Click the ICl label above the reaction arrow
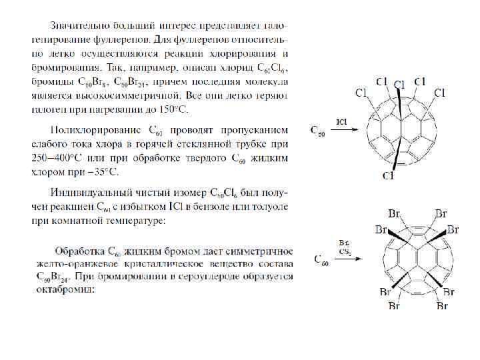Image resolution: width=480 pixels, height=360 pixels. tap(341, 122)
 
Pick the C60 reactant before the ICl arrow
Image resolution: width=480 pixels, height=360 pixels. tap(319, 131)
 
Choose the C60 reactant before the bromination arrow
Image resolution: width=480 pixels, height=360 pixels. tap(320, 260)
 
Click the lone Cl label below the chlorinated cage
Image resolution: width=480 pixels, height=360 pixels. tap(387, 176)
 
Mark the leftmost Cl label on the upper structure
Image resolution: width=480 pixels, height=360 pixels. tap(361, 93)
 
